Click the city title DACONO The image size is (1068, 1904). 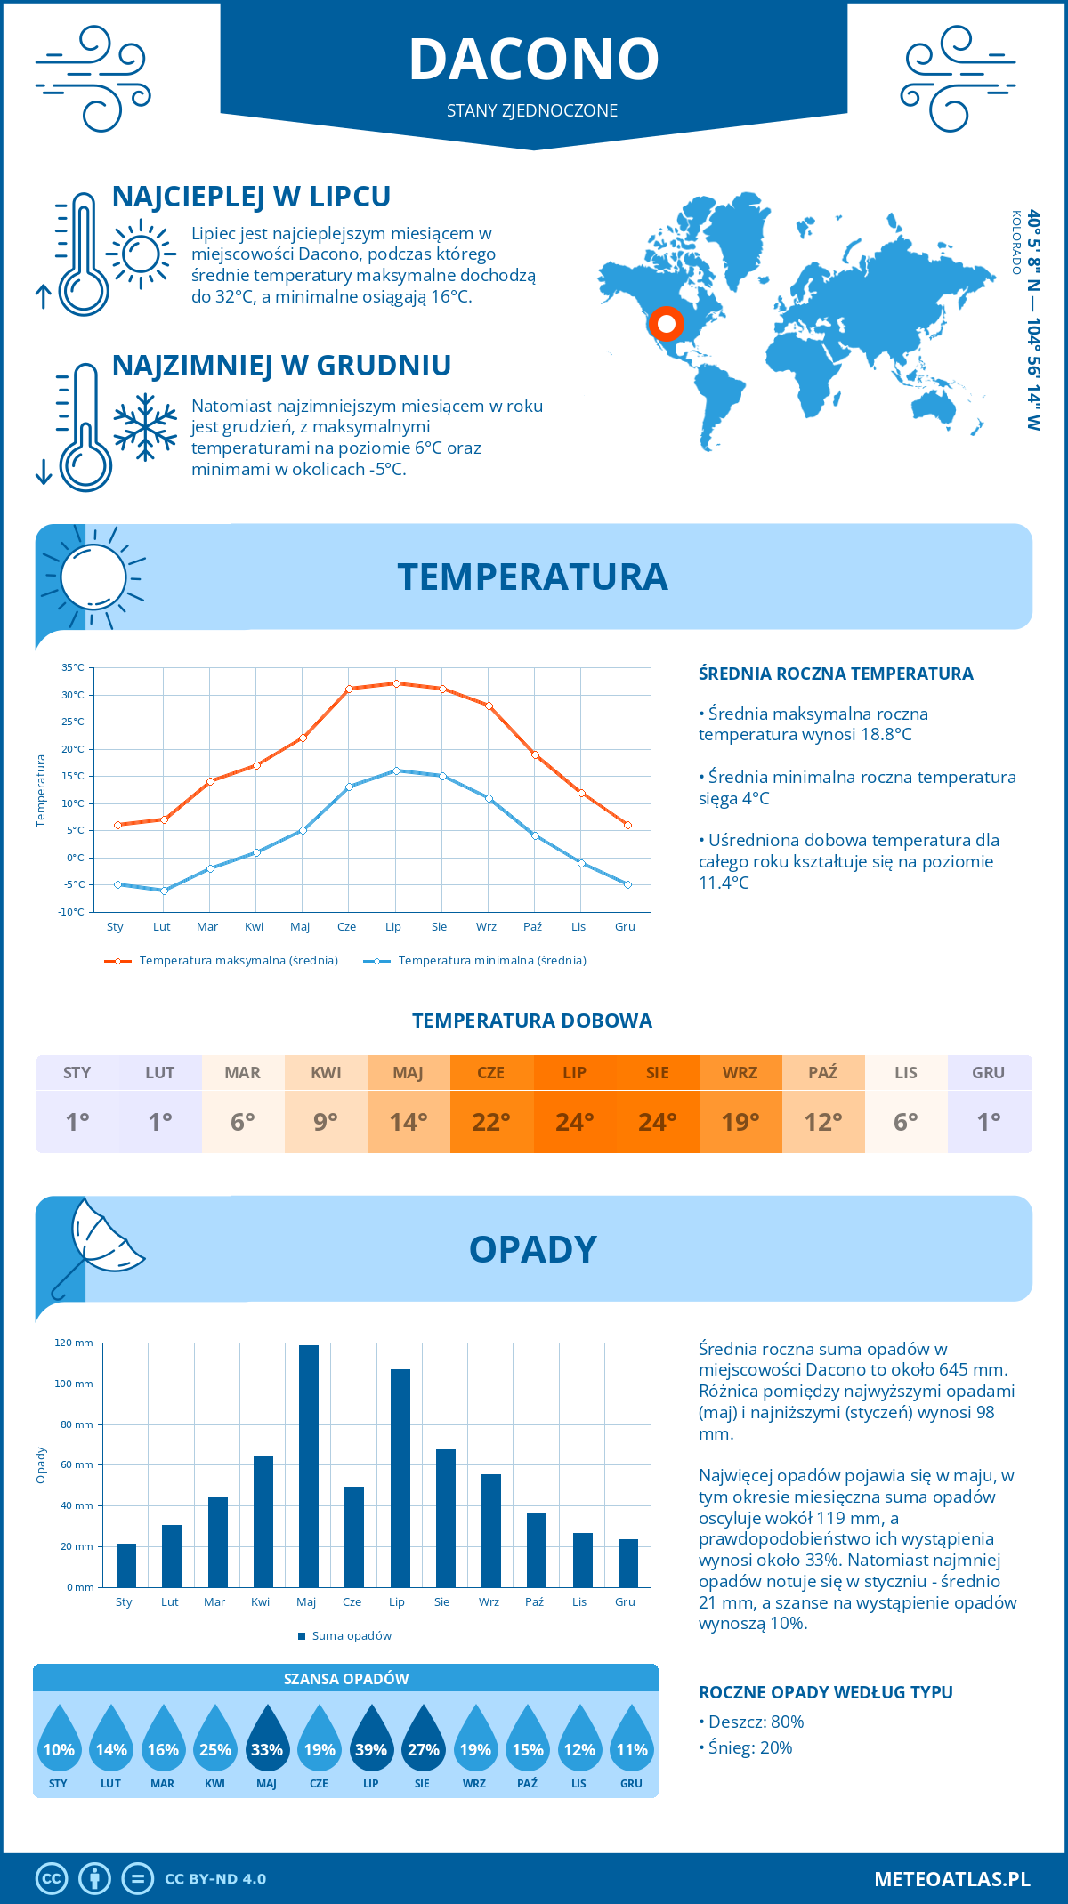[x=534, y=59]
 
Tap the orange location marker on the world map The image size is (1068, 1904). [x=666, y=323]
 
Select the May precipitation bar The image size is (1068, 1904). [x=308, y=1465]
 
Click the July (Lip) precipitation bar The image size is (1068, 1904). [x=400, y=1477]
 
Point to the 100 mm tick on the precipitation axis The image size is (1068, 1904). [x=74, y=1384]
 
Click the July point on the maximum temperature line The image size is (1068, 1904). [x=396, y=683]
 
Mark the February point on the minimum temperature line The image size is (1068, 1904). [x=164, y=891]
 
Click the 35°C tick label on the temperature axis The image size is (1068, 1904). [x=73, y=667]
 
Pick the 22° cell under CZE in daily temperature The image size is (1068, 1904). [x=491, y=1122]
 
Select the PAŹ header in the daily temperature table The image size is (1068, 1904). [x=823, y=1073]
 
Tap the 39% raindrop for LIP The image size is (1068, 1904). [x=371, y=1744]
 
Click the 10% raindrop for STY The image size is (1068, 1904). [x=59, y=1744]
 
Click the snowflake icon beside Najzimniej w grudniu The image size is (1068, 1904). [x=145, y=427]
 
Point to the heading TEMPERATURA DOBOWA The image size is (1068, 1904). [x=532, y=1021]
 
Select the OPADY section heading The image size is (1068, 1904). [x=532, y=1249]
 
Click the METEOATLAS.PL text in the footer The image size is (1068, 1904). [x=951, y=1879]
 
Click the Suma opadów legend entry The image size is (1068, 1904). [x=351, y=1636]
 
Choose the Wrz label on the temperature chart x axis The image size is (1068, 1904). [x=486, y=927]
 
